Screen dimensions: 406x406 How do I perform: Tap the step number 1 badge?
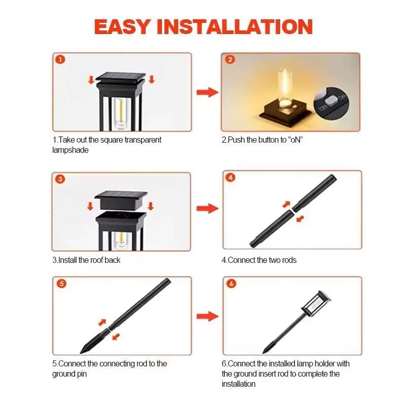point(60,60)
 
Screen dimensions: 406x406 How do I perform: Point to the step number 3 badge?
point(60,179)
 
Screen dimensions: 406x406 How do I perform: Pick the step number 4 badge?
point(231,178)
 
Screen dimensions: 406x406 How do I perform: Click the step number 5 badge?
point(61,283)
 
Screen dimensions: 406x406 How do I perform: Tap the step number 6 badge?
point(231,283)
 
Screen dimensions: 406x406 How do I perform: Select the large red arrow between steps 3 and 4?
point(207,209)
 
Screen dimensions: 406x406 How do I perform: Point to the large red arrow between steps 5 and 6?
point(207,316)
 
